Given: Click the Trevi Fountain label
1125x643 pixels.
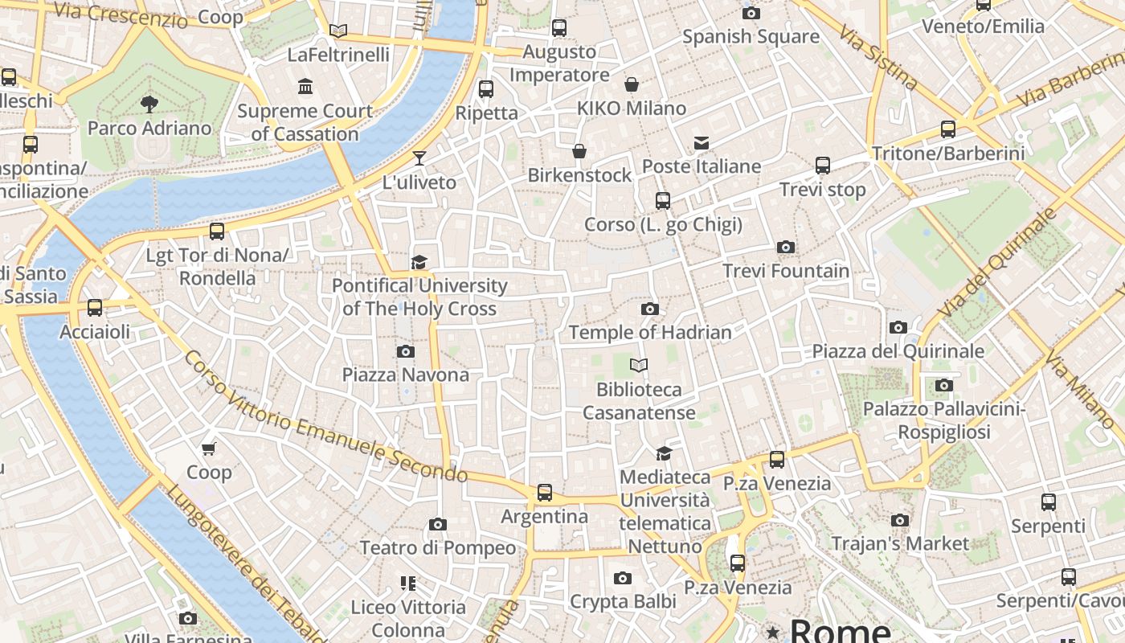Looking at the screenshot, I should (x=786, y=271).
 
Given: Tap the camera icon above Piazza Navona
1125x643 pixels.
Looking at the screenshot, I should (x=406, y=351).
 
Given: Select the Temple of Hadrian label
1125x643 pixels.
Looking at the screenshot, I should (x=650, y=332).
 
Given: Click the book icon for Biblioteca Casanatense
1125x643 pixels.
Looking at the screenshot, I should (x=639, y=366).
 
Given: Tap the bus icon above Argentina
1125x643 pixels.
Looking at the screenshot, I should (x=545, y=492).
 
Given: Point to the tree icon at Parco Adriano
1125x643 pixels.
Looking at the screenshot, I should (x=149, y=104).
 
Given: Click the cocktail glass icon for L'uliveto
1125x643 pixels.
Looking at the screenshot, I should (x=419, y=158).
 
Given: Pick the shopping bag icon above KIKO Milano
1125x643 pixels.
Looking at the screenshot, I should (x=632, y=84).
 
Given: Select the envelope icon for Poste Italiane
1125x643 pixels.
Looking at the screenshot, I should (x=702, y=143).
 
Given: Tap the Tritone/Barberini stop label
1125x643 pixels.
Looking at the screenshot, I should (x=948, y=154).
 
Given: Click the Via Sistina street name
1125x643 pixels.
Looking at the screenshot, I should (x=877, y=57).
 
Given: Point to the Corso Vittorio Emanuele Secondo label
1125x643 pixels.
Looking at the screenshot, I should (x=325, y=417).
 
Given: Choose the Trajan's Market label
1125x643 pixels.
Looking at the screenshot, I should (x=900, y=544).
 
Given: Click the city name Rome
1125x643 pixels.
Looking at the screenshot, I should (x=840, y=630).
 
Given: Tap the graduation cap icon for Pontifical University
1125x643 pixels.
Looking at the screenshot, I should (x=419, y=262).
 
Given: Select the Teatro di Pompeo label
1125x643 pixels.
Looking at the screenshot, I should (x=438, y=548).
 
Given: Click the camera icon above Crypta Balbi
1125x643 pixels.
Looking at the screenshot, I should (x=623, y=578).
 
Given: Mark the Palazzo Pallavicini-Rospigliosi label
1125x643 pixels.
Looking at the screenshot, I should (x=944, y=421).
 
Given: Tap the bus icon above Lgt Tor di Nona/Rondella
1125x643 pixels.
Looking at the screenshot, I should (x=217, y=231).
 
